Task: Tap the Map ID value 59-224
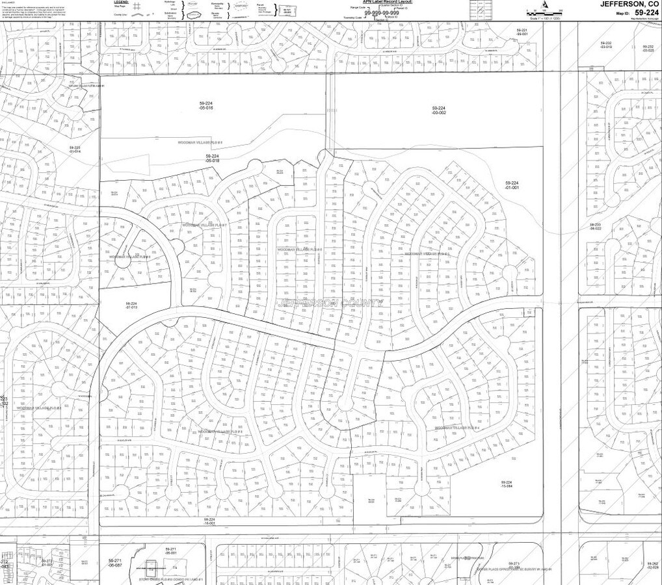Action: (x=647, y=12)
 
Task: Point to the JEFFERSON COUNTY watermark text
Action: (x=330, y=302)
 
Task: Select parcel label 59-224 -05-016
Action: (x=206, y=106)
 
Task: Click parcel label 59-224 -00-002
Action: (x=439, y=110)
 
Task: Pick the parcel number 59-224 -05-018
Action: (x=213, y=159)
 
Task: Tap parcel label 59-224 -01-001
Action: (x=512, y=185)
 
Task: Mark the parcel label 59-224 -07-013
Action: (x=131, y=305)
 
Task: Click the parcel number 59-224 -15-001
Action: (x=209, y=522)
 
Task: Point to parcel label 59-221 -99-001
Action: (x=522, y=33)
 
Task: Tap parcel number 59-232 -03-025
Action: (x=648, y=48)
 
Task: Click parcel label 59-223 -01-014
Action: (x=75, y=150)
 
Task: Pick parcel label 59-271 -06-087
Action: (x=115, y=563)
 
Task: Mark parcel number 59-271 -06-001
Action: (x=171, y=551)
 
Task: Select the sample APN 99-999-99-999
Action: (x=382, y=13)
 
